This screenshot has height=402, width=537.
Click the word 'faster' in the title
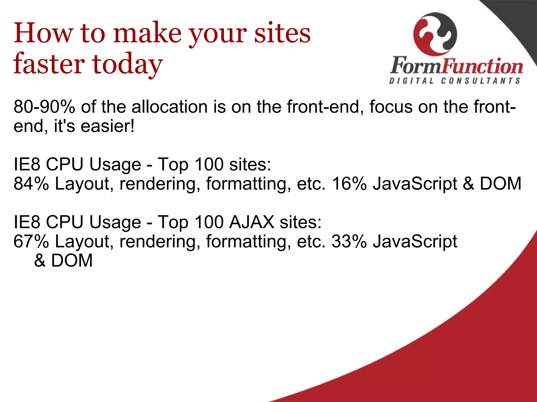(x=49, y=64)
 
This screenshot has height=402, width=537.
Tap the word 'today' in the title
(x=127, y=64)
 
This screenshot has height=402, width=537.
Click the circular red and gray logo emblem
(x=435, y=34)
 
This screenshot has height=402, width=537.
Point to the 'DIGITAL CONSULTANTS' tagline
(x=455, y=81)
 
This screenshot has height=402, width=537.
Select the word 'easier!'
(x=108, y=126)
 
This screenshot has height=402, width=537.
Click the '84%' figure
(x=31, y=183)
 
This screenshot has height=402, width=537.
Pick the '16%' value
(x=349, y=183)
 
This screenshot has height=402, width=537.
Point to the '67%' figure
(x=31, y=241)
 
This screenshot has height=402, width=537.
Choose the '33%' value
(x=349, y=241)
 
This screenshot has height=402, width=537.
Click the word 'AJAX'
(x=251, y=222)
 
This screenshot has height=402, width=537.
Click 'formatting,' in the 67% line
(x=248, y=242)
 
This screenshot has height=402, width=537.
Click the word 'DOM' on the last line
(x=72, y=261)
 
